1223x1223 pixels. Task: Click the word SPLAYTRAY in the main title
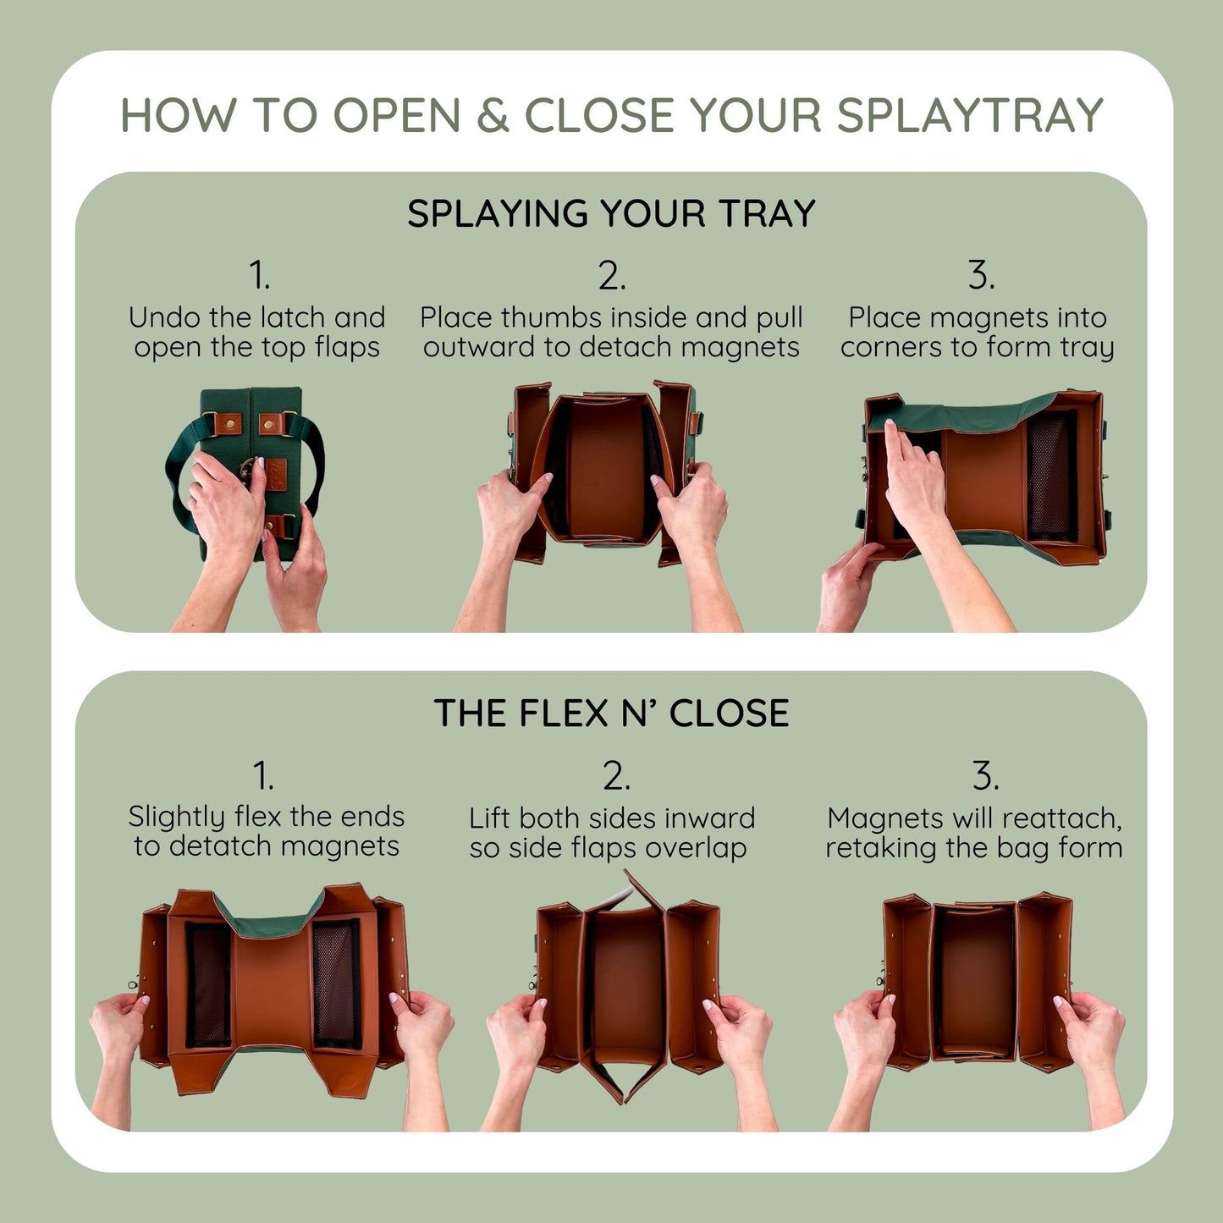tap(970, 115)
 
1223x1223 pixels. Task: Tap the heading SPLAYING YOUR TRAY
tap(611, 213)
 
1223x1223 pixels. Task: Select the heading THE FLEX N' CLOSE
tap(611, 713)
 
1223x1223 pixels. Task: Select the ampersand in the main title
tap(492, 115)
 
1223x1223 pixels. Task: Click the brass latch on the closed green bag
tap(249, 467)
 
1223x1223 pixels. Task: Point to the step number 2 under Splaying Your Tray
tap(611, 276)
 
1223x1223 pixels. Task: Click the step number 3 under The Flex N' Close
tap(984, 775)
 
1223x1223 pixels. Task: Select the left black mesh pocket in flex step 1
tap(207, 983)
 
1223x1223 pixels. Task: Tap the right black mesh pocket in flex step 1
tap(336, 983)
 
